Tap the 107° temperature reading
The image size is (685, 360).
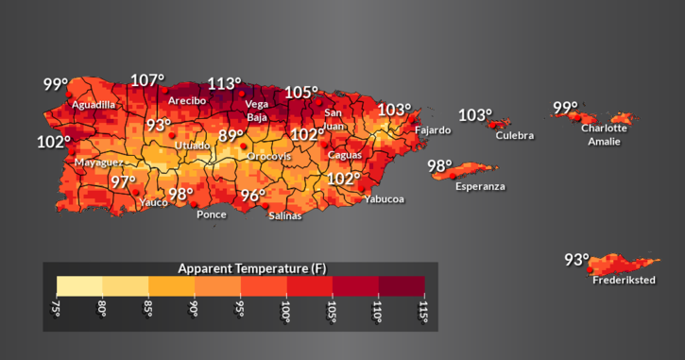click(x=147, y=80)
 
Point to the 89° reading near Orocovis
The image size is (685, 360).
click(x=231, y=136)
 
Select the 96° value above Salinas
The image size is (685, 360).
click(x=252, y=196)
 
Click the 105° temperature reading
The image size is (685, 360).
click(x=302, y=92)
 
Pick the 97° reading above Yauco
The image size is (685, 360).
click(x=123, y=181)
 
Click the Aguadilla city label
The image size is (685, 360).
click(x=94, y=104)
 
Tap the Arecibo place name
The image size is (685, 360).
click(x=187, y=100)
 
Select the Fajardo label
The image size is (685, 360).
click(x=433, y=130)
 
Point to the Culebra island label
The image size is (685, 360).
click(x=514, y=135)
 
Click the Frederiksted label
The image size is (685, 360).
click(x=624, y=280)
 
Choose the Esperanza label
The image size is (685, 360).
click(x=480, y=186)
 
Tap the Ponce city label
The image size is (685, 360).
click(x=211, y=214)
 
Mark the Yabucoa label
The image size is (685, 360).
click(x=384, y=198)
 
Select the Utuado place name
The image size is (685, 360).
click(x=193, y=146)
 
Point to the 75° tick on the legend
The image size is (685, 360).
click(x=56, y=310)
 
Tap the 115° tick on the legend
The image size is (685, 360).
click(x=423, y=310)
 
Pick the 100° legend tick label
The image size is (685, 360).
click(x=285, y=310)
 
